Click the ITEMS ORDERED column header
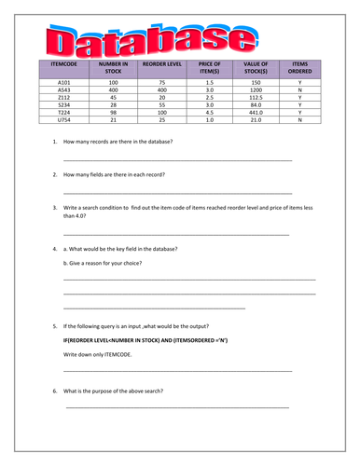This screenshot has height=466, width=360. coord(299,68)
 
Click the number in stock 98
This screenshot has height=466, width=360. coord(113,112)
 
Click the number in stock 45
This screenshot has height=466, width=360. coord(113,97)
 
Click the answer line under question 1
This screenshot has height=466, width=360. coord(177,160)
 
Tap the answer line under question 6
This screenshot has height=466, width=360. coord(177,407)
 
